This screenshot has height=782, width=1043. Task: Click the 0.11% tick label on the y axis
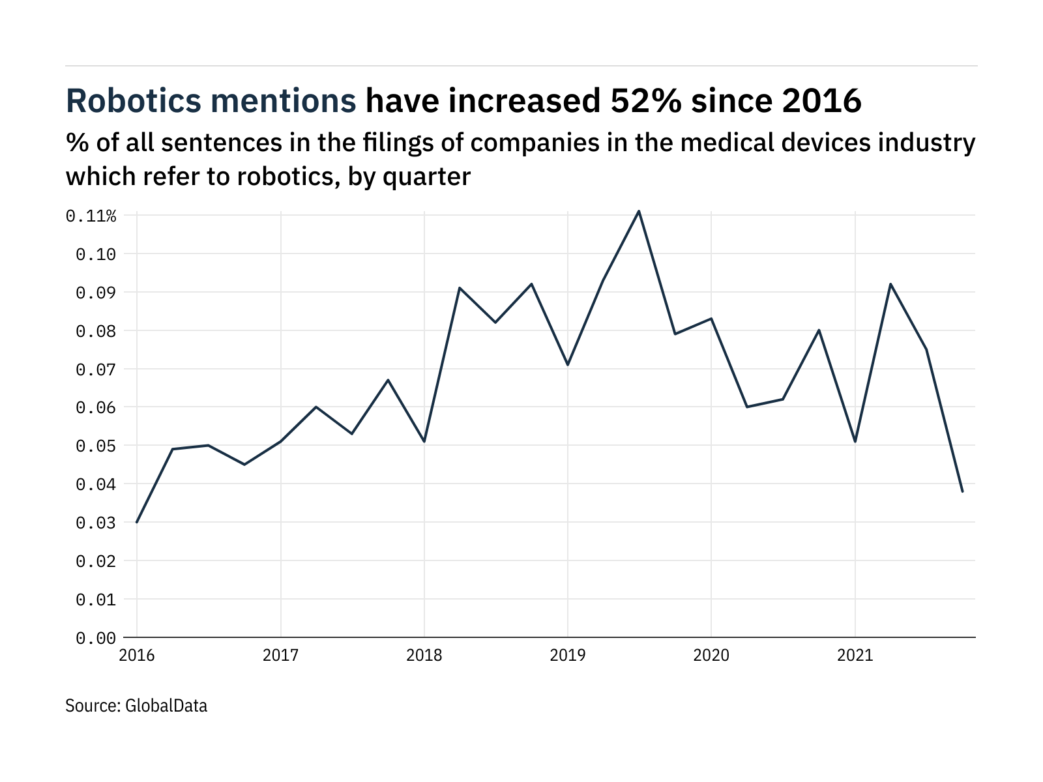pyautogui.click(x=91, y=216)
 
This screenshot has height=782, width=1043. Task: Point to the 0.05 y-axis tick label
pyautogui.click(x=96, y=446)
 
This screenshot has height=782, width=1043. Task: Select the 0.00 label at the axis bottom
pyautogui.click(x=96, y=638)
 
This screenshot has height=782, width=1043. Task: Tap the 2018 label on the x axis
pyautogui.click(x=424, y=655)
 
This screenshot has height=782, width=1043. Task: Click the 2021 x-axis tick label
pyautogui.click(x=855, y=655)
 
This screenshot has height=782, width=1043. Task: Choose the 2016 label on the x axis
pyautogui.click(x=137, y=655)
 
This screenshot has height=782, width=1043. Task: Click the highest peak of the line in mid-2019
pyautogui.click(x=639, y=211)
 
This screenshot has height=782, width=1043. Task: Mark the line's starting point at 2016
pyautogui.click(x=137, y=522)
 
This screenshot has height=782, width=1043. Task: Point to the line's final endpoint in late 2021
pyautogui.click(x=962, y=491)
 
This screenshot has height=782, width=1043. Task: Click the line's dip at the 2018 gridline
pyautogui.click(x=424, y=441)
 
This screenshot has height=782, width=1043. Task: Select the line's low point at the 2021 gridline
pyautogui.click(x=855, y=441)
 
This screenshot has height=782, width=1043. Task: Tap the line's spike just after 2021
pyautogui.click(x=890, y=284)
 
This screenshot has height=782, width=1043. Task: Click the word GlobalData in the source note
pyautogui.click(x=166, y=706)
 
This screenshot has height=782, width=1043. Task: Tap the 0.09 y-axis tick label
pyautogui.click(x=96, y=293)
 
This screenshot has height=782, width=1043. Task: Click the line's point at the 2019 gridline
pyautogui.click(x=568, y=364)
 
